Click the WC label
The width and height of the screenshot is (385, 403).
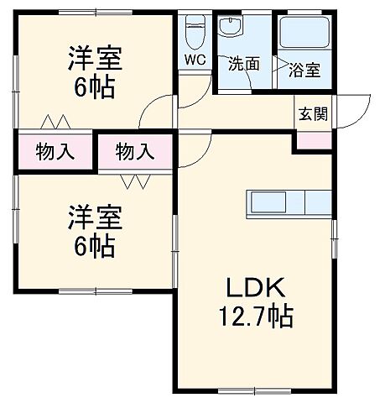[194, 60]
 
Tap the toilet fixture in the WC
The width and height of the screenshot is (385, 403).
[194, 32]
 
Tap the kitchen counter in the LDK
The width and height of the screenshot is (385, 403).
[289, 203]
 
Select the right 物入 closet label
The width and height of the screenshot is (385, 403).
[135, 152]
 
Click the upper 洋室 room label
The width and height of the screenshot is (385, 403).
[96, 60]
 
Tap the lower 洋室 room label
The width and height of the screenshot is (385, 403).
[96, 218]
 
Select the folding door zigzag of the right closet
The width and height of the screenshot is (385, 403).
[134, 181]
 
